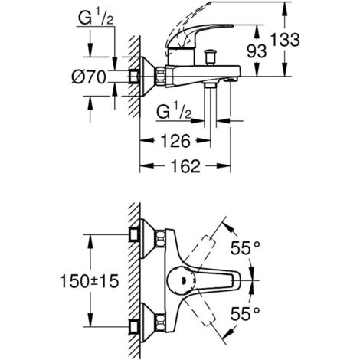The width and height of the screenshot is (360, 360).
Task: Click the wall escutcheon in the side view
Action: pyautogui.click(x=140, y=76)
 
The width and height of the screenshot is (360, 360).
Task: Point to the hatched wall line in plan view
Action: pyautogui.click(x=131, y=280)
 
